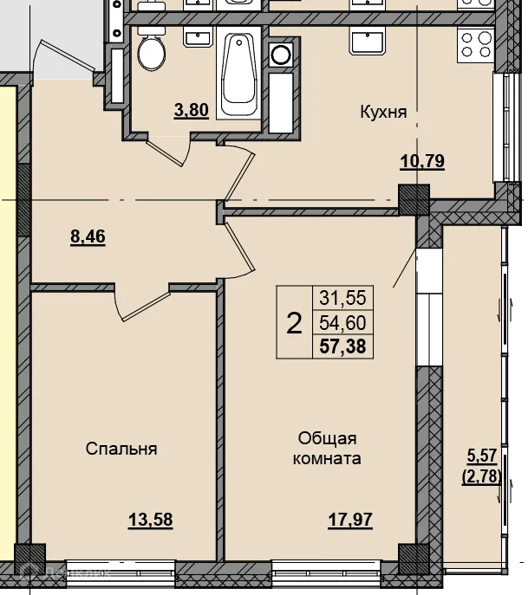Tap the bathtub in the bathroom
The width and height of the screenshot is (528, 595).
(238, 74)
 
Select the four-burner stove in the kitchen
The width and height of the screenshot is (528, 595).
(475, 45)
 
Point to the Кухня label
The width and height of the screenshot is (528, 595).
(383, 112)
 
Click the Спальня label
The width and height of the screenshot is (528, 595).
(121, 449)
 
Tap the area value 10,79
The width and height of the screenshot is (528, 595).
(422, 162)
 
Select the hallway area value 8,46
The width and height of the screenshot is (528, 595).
(88, 236)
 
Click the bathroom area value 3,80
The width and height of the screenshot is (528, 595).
(192, 110)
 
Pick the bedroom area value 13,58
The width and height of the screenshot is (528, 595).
(151, 520)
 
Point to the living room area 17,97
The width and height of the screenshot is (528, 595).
(350, 520)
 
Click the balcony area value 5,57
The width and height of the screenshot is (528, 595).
(482, 456)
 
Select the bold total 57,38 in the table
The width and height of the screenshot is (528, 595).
(342, 346)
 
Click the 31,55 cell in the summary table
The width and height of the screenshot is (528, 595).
(342, 298)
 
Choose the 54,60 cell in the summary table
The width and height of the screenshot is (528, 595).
(342, 323)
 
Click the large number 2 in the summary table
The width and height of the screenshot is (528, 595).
(294, 323)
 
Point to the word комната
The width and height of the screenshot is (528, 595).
(327, 459)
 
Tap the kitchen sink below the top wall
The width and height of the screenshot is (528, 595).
(368, 43)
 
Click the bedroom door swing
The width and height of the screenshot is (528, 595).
(141, 304)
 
